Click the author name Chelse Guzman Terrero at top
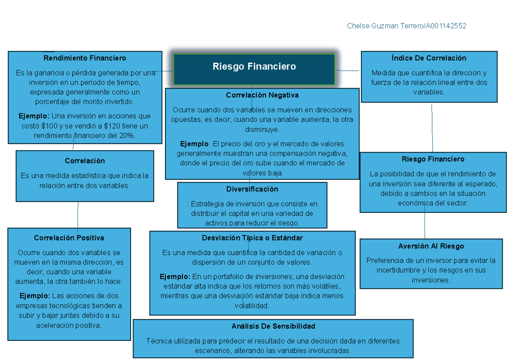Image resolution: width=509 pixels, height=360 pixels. [384, 26]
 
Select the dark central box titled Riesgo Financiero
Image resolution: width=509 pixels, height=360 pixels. [254, 67]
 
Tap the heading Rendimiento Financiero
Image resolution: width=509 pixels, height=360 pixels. [85, 58]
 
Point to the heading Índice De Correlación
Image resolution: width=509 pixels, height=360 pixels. [429, 58]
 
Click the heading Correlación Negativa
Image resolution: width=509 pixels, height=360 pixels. [262, 95]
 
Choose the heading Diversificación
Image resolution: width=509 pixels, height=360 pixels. [252, 189]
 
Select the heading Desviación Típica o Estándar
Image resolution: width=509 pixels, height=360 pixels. [252, 238]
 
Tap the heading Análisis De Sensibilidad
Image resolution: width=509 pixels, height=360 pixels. [273, 326]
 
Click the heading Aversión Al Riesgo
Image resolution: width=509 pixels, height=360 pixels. [431, 246]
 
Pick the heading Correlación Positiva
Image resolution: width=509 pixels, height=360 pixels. [69, 238]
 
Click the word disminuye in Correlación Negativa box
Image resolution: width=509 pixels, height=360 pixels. [262, 129]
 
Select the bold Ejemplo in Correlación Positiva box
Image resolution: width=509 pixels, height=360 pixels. [34, 296]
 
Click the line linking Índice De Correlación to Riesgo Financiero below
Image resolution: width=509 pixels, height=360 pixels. [432, 127]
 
